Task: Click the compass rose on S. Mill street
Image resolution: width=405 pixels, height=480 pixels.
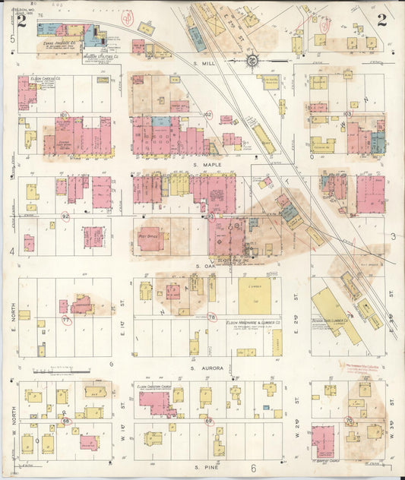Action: click(252, 59)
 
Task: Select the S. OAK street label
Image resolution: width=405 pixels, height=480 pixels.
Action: click(206, 266)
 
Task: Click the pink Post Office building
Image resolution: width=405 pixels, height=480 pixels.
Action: click(149, 238)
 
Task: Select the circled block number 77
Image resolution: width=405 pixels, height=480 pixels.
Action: click(66, 320)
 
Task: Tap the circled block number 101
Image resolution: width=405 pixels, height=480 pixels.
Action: click(65, 115)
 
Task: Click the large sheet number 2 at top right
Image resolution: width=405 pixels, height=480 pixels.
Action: click(381, 21)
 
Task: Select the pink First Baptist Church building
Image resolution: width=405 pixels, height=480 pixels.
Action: click(323, 440)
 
